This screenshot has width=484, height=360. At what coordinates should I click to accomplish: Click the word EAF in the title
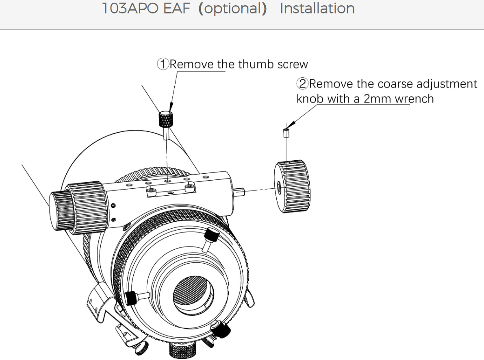pyautogui.click(x=176, y=8)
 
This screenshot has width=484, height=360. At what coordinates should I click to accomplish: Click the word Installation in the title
pyautogui.click(x=317, y=8)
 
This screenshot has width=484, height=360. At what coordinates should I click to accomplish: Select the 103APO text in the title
pyautogui.click(x=130, y=8)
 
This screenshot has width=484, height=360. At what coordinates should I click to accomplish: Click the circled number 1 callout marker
pyautogui.click(x=163, y=64)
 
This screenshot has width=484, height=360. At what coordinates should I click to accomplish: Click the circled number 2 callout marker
pyautogui.click(x=302, y=83)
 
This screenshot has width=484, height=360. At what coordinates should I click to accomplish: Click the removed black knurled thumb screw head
pyautogui.click(x=165, y=119)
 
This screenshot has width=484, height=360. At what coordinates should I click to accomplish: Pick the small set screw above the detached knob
pyautogui.click(x=286, y=133)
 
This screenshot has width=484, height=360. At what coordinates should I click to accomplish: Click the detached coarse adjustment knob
pyautogui.click(x=292, y=186)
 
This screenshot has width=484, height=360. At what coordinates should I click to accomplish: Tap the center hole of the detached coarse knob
pyautogui.click(x=279, y=187)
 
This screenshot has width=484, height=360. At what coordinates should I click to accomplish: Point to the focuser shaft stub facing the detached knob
pyautogui.click(x=239, y=192)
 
